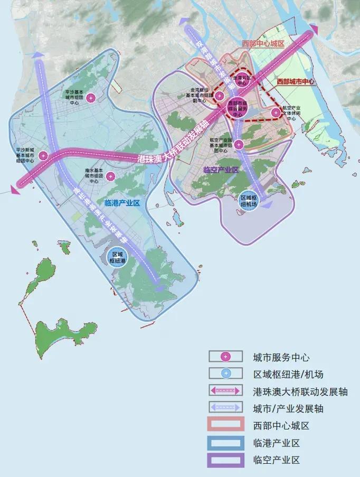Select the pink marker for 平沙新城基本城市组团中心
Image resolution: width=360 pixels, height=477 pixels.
tap(43, 155)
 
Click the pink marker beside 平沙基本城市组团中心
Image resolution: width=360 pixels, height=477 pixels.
tap(92, 98)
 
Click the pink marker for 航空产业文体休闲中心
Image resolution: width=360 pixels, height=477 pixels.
tap(276, 112)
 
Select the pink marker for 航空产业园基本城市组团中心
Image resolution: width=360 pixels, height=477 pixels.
tap(239, 144)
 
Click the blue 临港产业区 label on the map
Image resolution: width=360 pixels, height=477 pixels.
tap(122, 203)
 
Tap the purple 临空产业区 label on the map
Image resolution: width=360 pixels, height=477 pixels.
tap(221, 170)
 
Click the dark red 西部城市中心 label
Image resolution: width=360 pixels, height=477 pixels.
tap(296, 82)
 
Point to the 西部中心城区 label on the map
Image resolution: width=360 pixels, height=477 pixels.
tap(262, 44)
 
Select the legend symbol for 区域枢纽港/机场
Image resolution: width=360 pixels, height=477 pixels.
tap(225, 374)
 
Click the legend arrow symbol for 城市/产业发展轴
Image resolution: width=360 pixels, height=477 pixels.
tap(225, 408)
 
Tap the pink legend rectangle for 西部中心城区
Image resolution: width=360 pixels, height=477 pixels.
tap(225, 425)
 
